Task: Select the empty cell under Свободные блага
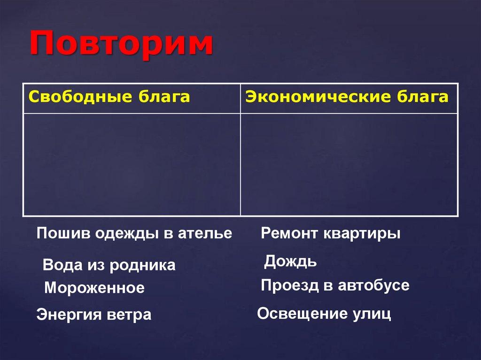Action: coord(132,164)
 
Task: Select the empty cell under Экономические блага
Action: coord(349,164)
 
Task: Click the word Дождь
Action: coord(290,261)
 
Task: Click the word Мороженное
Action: coord(94,288)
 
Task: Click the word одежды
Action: coord(123,233)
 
